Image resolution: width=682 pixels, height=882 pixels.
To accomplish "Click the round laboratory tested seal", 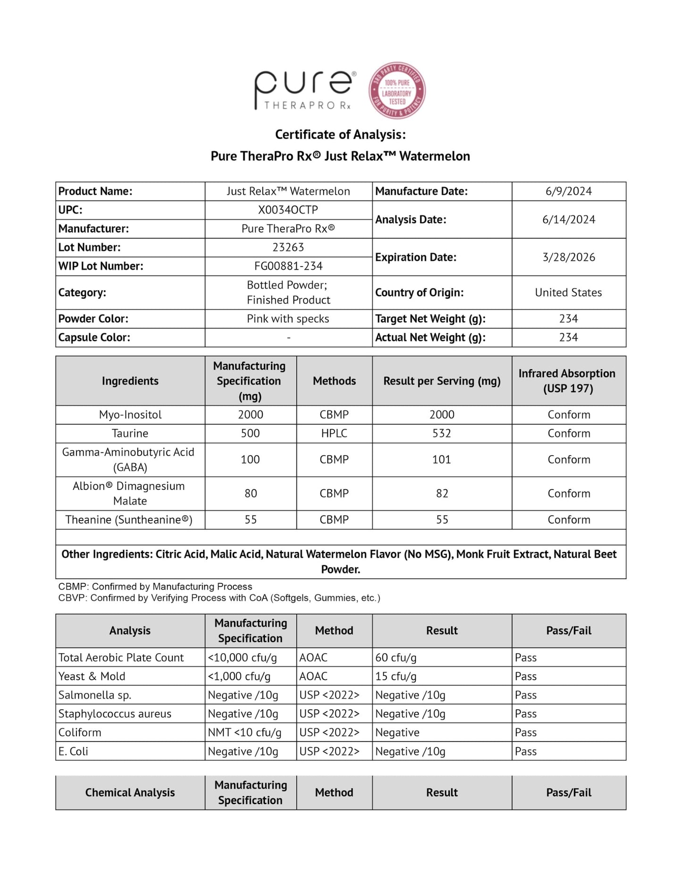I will pyautogui.click(x=397, y=91).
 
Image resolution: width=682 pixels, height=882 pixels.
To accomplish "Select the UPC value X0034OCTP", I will pyautogui.click(x=288, y=210).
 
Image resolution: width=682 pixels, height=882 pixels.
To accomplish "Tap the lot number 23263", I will pyautogui.click(x=288, y=247).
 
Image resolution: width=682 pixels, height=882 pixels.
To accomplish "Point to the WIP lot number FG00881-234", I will pyautogui.click(x=288, y=266).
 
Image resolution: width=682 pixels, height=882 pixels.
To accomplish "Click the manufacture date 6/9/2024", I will pyautogui.click(x=568, y=191).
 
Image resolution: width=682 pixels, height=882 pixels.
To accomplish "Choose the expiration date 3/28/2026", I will pyautogui.click(x=568, y=257).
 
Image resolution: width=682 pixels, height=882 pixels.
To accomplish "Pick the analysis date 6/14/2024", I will pyautogui.click(x=568, y=219).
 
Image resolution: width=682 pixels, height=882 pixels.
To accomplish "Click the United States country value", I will pyautogui.click(x=568, y=292).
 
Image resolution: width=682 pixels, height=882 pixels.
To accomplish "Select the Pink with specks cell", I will pyautogui.click(x=288, y=319).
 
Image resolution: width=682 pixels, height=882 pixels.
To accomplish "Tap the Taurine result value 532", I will pyautogui.click(x=442, y=433).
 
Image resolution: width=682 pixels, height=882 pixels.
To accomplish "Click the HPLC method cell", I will pyautogui.click(x=334, y=433).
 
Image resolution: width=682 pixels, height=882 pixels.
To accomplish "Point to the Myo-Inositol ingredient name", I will pyautogui.click(x=130, y=415).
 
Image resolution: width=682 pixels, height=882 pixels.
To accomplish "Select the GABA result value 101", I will pyautogui.click(x=442, y=459).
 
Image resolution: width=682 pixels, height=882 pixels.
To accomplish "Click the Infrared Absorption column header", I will pyautogui.click(x=568, y=381).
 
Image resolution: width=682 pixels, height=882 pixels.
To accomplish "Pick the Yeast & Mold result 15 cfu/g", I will pyautogui.click(x=396, y=676).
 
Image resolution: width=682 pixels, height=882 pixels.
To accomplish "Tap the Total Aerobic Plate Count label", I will pyautogui.click(x=121, y=657).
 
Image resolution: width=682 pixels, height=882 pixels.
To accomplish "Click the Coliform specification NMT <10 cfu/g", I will pyautogui.click(x=244, y=732).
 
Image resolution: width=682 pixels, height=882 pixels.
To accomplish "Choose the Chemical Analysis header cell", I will pyautogui.click(x=130, y=792).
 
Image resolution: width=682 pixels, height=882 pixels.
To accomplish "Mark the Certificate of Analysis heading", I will pyautogui.click(x=340, y=135).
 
